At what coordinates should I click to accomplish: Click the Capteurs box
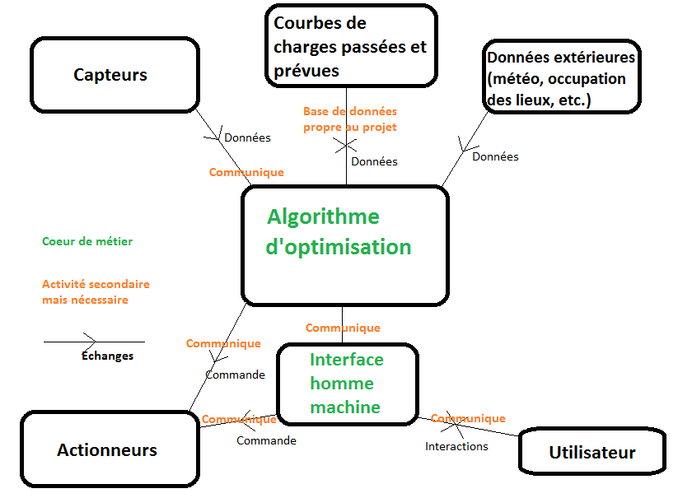tap(115, 75)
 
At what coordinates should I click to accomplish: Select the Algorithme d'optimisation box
tap(344, 245)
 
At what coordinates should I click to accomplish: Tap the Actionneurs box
tap(107, 450)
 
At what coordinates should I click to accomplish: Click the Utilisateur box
tap(591, 453)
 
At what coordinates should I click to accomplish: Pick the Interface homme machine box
tap(347, 384)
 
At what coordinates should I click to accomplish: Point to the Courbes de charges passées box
tap(351, 46)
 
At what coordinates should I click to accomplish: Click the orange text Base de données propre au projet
tap(349, 119)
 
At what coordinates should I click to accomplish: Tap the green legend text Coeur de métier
tap(87, 242)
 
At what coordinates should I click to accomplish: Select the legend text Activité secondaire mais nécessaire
tap(96, 292)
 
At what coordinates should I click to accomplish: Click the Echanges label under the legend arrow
tap(107, 356)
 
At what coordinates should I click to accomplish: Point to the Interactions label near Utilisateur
tap(456, 447)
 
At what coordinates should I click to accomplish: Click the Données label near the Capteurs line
tap(247, 138)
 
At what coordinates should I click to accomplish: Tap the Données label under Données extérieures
tap(495, 156)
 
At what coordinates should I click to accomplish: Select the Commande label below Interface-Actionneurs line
tap(266, 441)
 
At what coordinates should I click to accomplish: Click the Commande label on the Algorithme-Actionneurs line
tap(235, 375)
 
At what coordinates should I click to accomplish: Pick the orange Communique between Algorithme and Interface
tap(343, 328)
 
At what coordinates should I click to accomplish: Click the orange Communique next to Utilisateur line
tap(468, 419)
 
